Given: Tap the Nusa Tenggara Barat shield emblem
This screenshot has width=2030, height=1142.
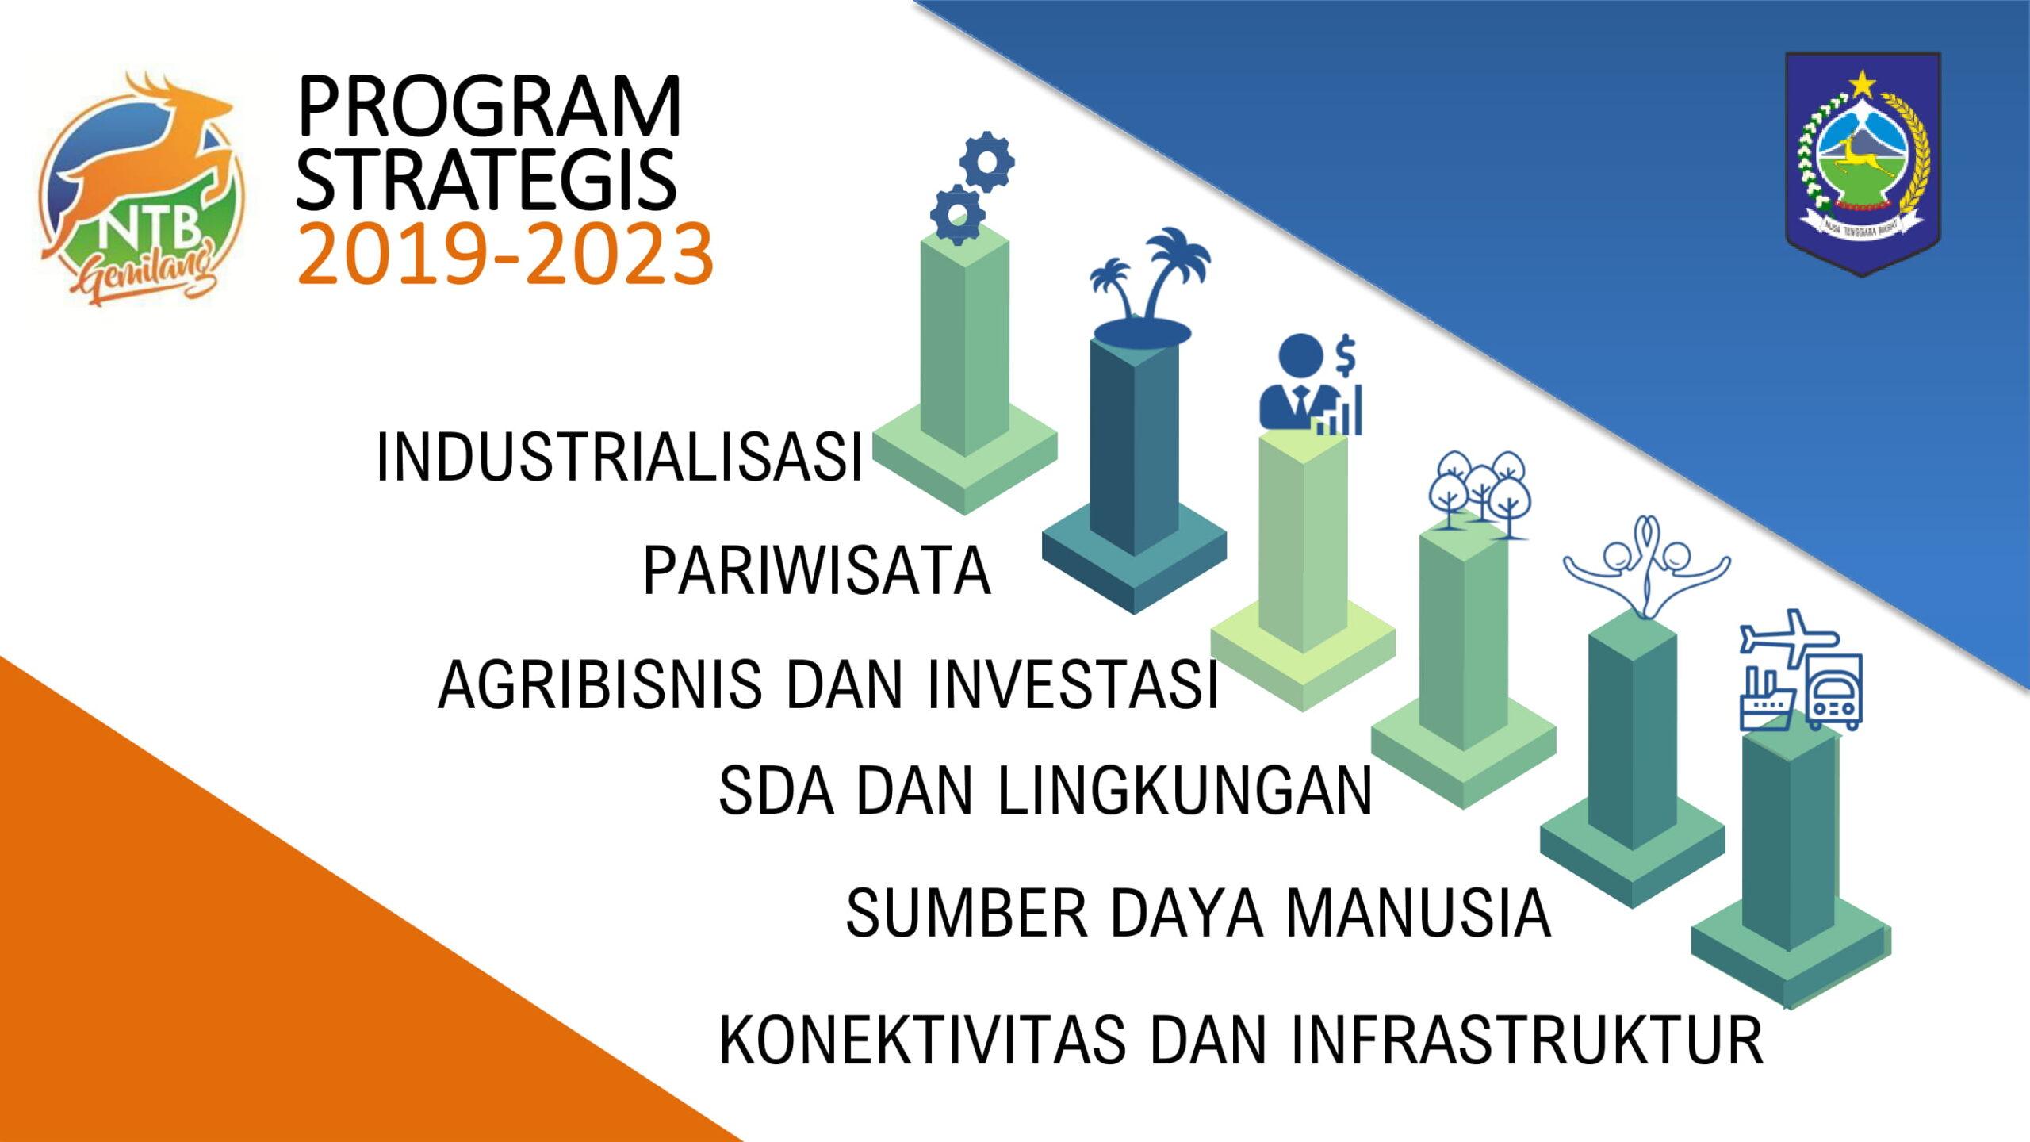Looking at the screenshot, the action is [1863, 163].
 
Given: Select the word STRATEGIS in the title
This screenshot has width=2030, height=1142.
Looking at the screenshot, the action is [486, 179].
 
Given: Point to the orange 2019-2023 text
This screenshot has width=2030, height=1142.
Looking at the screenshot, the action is [505, 254].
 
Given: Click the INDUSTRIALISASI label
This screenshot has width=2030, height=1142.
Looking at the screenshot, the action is [619, 458].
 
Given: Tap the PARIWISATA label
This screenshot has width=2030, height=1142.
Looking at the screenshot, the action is [817, 571].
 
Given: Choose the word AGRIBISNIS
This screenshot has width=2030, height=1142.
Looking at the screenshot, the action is [599, 684].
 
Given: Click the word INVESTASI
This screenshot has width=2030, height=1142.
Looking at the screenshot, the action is [1072, 684].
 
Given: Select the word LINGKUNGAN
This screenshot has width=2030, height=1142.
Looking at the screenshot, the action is [1185, 791].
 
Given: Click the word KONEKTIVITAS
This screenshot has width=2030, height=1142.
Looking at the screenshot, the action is [922, 1040].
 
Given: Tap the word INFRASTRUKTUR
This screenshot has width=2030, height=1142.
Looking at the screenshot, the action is [1528, 1040].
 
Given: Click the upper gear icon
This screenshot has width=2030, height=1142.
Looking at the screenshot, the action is [986, 162].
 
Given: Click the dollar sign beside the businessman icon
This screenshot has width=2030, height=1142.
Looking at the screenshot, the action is [1346, 355].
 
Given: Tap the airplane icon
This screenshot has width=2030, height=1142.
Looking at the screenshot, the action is [1789, 637].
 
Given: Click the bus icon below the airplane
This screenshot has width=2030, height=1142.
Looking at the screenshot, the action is [1834, 692].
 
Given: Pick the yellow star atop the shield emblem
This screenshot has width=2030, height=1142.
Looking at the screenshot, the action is [1862, 83].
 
